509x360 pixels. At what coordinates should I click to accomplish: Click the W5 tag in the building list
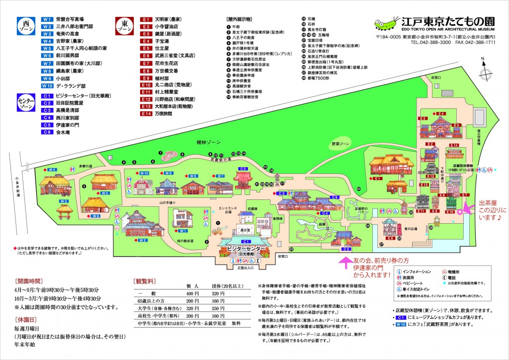47,48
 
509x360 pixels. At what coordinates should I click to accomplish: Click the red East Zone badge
124,25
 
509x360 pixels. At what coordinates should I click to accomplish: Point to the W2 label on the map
143,240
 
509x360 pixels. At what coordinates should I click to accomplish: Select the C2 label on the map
243,169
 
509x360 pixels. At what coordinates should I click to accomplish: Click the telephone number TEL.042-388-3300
430,43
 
